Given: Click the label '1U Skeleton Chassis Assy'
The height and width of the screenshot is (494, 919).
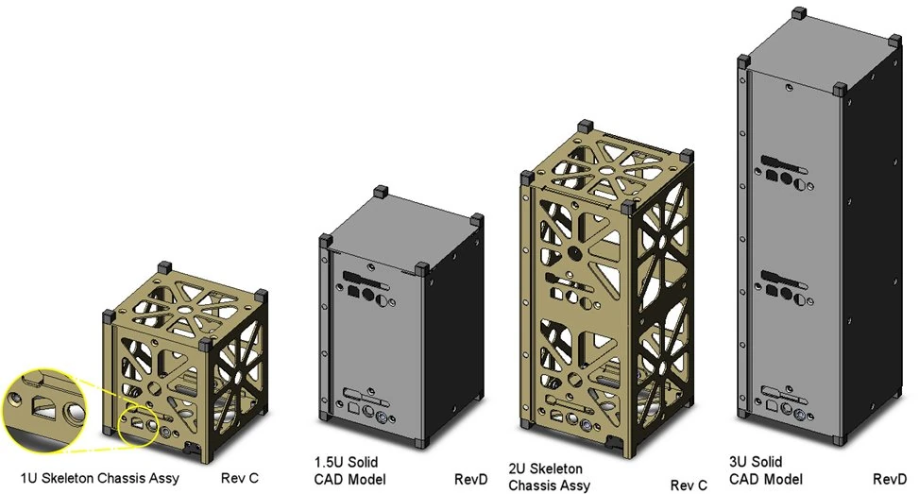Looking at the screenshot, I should [100, 479].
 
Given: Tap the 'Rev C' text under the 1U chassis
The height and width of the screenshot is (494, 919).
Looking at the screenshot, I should [240, 479].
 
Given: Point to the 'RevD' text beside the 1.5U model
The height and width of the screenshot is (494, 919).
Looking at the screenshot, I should [470, 479].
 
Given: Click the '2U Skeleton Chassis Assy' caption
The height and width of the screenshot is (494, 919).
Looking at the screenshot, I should [552, 477].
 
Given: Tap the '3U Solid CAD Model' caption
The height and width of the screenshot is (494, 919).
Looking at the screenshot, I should [763, 470].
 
